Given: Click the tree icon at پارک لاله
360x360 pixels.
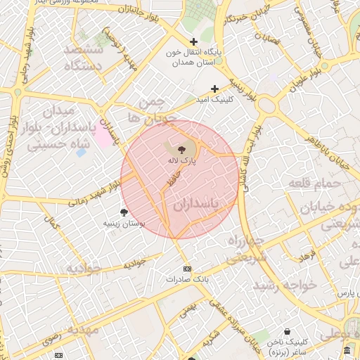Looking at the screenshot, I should (182, 149).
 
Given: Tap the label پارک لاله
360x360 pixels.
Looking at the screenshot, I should (182, 160).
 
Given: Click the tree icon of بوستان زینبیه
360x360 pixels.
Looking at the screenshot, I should (124, 212).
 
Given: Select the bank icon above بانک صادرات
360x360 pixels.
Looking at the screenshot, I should (186, 269).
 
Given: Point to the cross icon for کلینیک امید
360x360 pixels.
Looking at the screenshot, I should (215, 89).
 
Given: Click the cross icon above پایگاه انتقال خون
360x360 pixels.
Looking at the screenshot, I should (194, 42).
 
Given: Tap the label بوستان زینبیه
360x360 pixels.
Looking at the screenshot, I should (124, 223).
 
